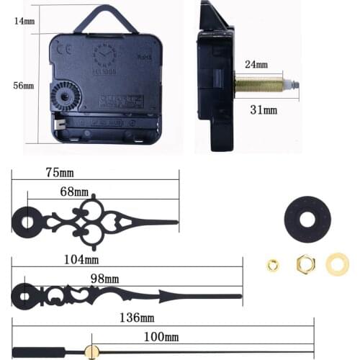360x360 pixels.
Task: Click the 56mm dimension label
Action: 24,86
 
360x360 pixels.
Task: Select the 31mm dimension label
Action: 264,109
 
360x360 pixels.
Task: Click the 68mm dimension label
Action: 74,192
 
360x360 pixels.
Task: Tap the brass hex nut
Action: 305,264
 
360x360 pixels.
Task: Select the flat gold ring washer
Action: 336,264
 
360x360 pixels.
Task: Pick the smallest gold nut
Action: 273,265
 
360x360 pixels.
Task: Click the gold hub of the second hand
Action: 91,351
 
